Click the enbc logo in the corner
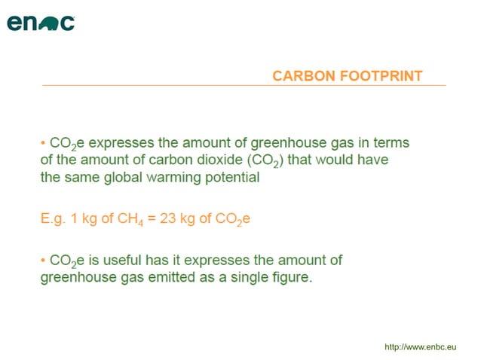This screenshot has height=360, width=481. pos(41,23)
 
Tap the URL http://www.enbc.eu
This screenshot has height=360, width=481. pos(421,346)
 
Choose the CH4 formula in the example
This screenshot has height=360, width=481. pos(141,219)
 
